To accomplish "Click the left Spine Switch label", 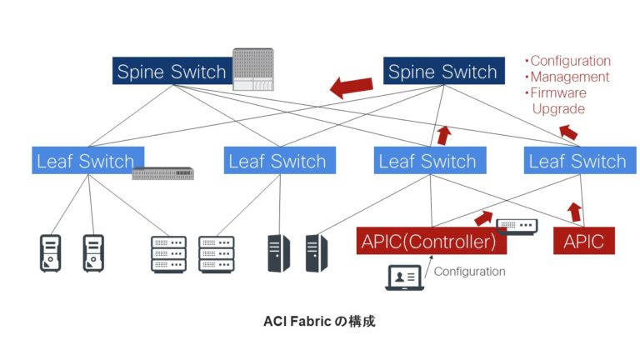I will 171,71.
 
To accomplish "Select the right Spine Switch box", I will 442,71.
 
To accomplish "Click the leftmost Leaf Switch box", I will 85,161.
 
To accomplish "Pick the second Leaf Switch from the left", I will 277,161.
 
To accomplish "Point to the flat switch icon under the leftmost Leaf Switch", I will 163,173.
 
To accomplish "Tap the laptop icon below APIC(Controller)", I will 404,277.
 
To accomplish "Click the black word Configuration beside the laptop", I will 470,271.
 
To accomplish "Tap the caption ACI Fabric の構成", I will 319,321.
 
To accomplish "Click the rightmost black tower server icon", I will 317,253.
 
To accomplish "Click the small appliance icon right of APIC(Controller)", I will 517,225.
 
